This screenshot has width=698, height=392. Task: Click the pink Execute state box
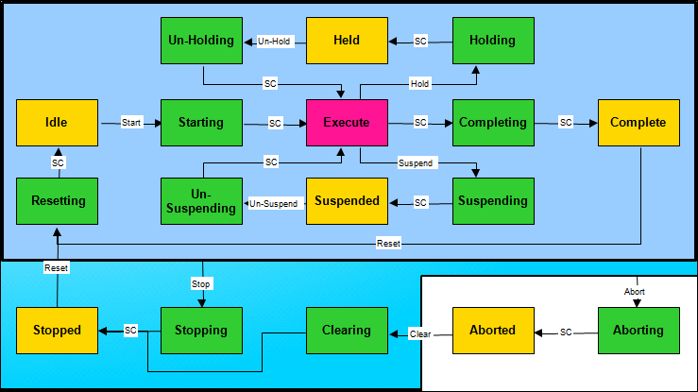tap(347, 123)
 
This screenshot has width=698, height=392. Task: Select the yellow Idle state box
tap(57, 123)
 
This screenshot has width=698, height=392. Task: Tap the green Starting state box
tap(201, 123)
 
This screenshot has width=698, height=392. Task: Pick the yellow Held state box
tap(347, 41)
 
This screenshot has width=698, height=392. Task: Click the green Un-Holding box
tap(201, 41)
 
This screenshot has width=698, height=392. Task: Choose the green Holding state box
tap(493, 41)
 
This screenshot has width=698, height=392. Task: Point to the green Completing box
tap(493, 123)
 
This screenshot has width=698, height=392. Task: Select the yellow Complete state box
tap(638, 123)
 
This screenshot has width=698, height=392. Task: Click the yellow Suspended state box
tap(347, 201)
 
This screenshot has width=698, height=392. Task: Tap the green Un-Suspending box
tap(201, 201)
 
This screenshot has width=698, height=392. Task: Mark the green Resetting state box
tap(57, 201)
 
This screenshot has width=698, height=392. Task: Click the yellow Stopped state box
tap(57, 331)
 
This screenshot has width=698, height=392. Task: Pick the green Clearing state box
tap(347, 331)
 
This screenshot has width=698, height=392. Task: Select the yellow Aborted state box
tap(493, 331)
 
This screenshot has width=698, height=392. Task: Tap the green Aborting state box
tap(638, 331)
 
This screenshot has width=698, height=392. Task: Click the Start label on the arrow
tap(130, 124)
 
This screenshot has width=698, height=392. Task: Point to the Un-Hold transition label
tap(274, 42)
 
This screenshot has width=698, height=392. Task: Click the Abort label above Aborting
tap(636, 292)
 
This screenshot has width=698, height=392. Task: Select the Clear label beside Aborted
tap(420, 333)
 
